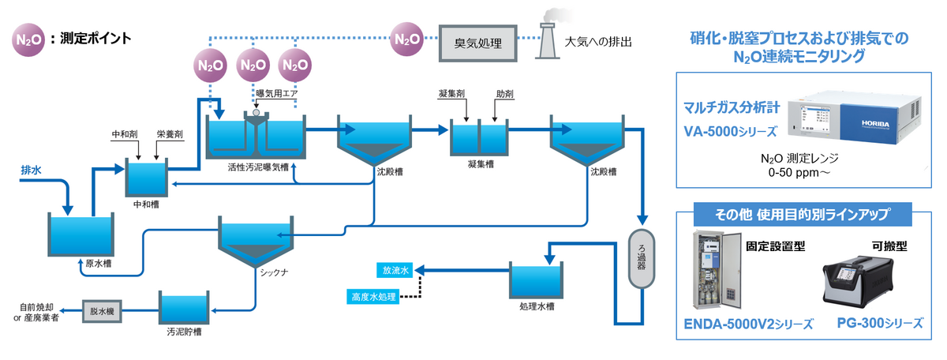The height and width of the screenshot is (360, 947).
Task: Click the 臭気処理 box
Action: pos(477,39)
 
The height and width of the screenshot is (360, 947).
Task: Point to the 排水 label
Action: pos(32,169)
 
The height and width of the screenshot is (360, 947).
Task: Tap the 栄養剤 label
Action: pos(170,135)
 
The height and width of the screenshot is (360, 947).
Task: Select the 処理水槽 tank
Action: pos(536,280)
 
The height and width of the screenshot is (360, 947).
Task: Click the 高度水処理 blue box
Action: pos(373,297)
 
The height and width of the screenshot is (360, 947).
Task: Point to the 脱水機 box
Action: pos(103,310)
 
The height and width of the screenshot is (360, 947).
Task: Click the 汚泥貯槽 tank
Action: pos(185,309)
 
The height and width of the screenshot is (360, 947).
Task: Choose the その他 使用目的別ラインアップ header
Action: pos(802,214)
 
